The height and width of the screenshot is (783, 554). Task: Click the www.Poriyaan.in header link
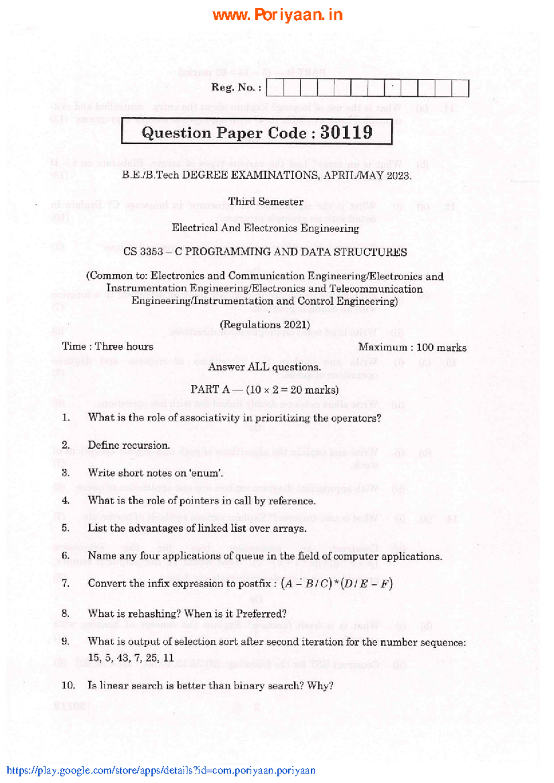pyautogui.click(x=277, y=15)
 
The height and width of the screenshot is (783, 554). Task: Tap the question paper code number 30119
pyautogui.click(x=346, y=133)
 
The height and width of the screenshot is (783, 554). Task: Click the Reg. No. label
pyautogui.click(x=236, y=87)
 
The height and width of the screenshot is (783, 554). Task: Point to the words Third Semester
pyautogui.click(x=265, y=202)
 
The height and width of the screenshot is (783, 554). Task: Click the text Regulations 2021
pyautogui.click(x=265, y=325)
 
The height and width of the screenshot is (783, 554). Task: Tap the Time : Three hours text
pyautogui.click(x=108, y=347)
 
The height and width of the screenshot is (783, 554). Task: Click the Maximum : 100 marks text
pyautogui.click(x=412, y=348)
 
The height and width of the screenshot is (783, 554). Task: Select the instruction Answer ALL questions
pyautogui.click(x=265, y=367)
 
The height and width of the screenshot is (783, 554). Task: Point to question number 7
pyautogui.click(x=66, y=584)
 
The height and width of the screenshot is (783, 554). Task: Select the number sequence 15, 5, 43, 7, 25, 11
pyautogui.click(x=131, y=658)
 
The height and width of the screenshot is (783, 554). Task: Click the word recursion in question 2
pyautogui.click(x=146, y=446)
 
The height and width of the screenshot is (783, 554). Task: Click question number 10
pyautogui.click(x=68, y=686)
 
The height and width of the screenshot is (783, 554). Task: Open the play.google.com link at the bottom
pyautogui.click(x=161, y=770)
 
